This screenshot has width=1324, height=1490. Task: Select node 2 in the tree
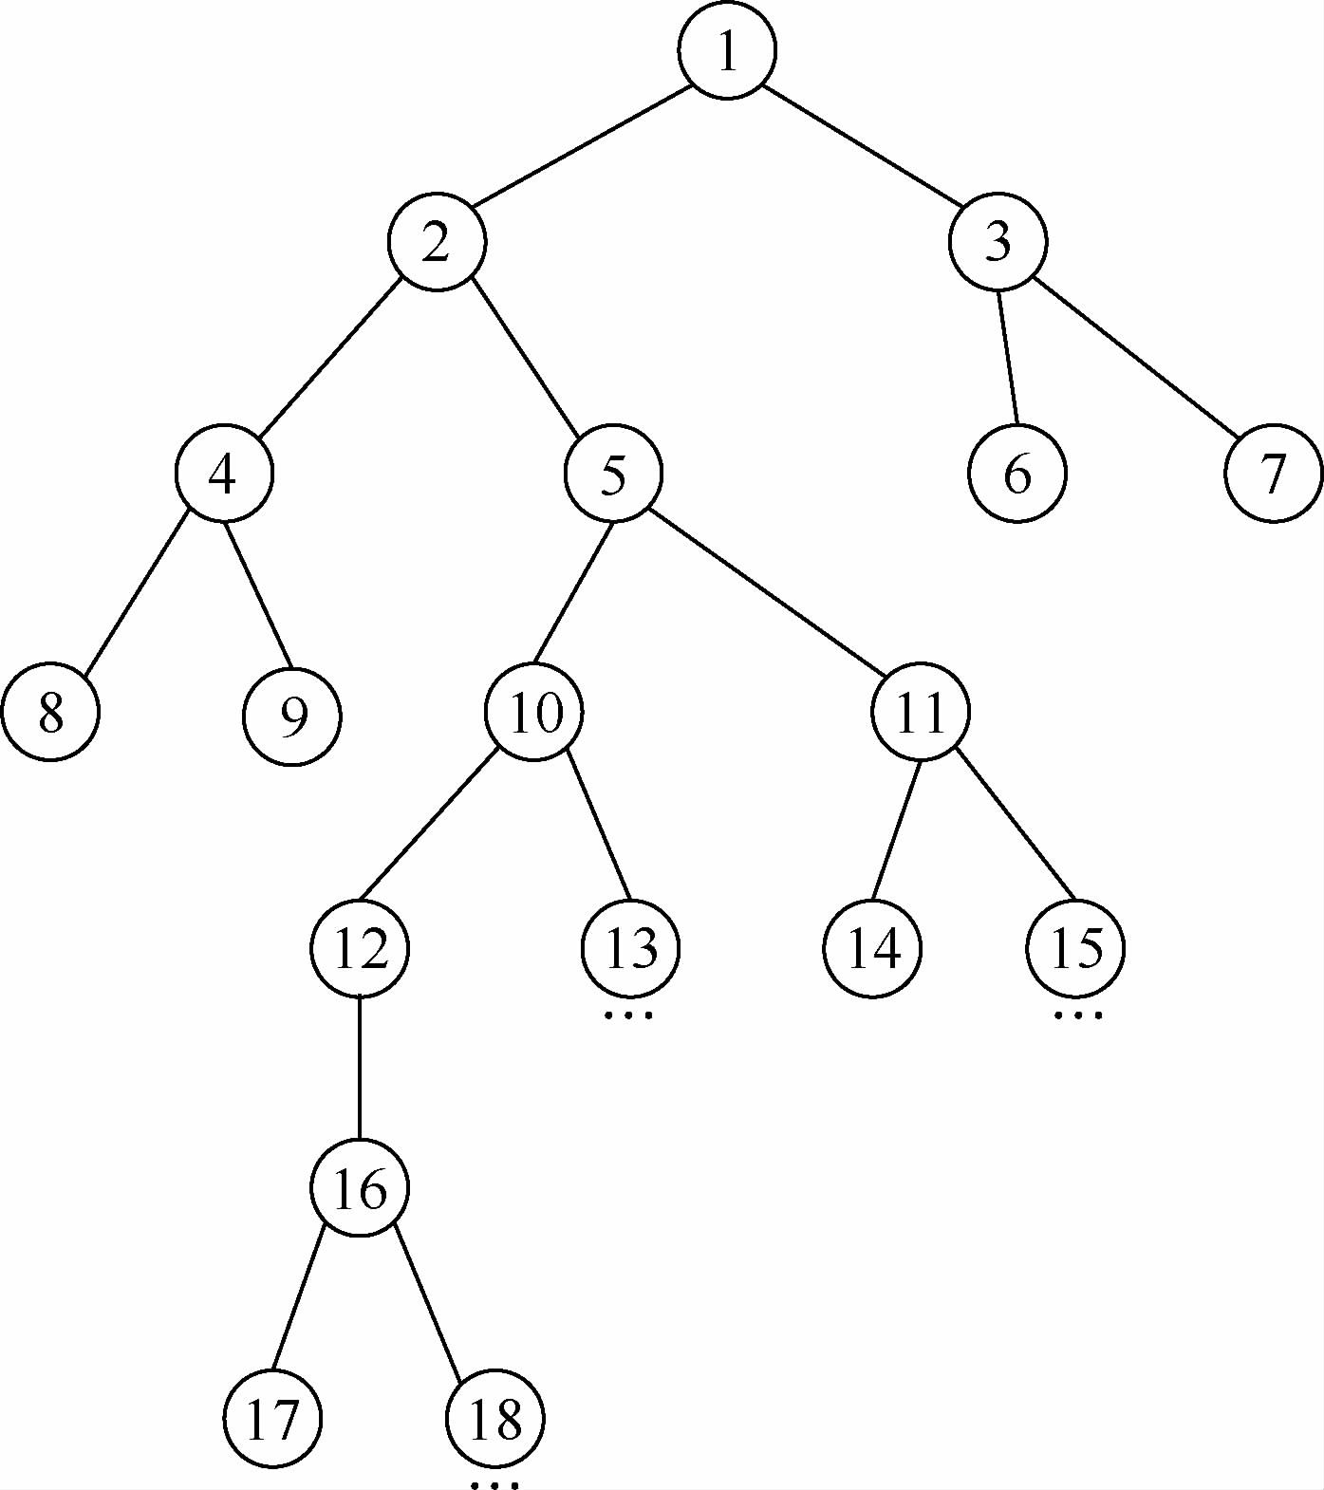(437, 242)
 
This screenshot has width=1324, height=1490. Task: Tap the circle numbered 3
(998, 242)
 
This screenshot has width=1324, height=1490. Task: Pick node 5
(613, 474)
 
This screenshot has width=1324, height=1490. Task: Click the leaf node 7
(1273, 473)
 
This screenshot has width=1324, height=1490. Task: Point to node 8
(50, 713)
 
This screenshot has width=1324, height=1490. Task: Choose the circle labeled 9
(292, 716)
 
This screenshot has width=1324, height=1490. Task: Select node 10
(534, 712)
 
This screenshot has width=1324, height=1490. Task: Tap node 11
(921, 712)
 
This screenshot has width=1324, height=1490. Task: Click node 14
(872, 948)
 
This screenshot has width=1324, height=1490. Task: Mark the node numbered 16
(360, 1188)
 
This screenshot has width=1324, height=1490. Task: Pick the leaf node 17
(273, 1419)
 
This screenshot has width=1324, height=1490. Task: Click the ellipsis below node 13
(629, 1015)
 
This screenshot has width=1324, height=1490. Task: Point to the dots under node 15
(1078, 1015)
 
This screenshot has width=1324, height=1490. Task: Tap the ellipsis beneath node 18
(495, 1484)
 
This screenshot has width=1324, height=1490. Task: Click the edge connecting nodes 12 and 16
(360, 1068)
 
